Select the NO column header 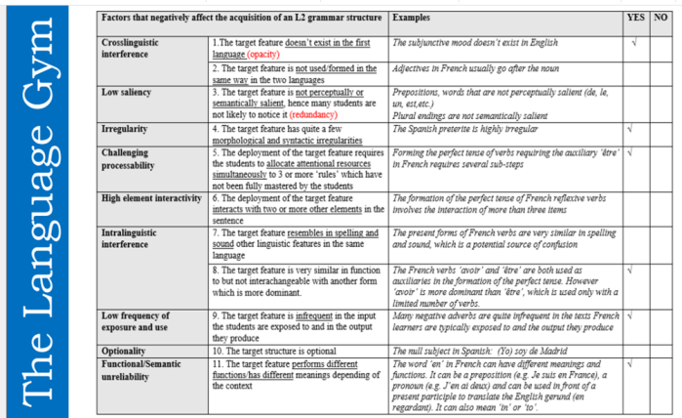tap(662, 19)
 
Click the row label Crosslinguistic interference tap(140, 50)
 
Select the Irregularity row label tap(128, 129)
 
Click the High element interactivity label tap(152, 198)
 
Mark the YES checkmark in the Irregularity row tap(634, 129)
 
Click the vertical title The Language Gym tap(50, 209)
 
